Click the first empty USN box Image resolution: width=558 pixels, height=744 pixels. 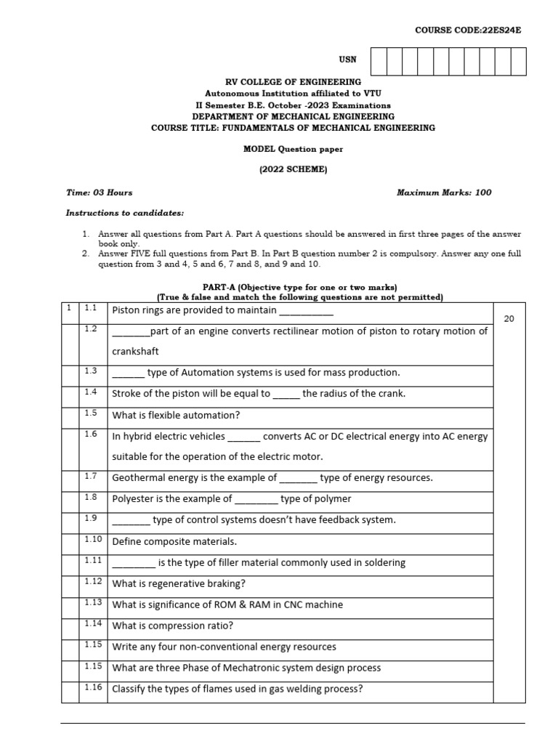pyautogui.click(x=378, y=62)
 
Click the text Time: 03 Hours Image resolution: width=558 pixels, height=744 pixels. pyautogui.click(x=99, y=193)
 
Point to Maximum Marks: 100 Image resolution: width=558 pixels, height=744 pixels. pyautogui.click(x=444, y=193)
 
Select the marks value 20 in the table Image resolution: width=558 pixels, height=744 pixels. pyautogui.click(x=509, y=318)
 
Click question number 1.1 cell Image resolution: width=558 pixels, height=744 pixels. pyautogui.click(x=90, y=308)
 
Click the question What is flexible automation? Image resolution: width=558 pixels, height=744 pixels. pyautogui.click(x=176, y=416)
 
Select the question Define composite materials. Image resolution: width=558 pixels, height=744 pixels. pyautogui.click(x=174, y=542)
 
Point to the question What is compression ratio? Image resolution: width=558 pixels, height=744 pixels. pyautogui.click(x=173, y=626)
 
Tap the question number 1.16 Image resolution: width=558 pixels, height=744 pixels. pyautogui.click(x=92, y=687)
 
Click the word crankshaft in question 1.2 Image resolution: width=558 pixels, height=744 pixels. pyautogui.click(x=135, y=352)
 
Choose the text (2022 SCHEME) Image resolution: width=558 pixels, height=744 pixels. pyautogui.click(x=293, y=169)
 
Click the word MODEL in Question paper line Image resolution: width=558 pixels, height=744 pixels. pyautogui.click(x=258, y=149)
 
